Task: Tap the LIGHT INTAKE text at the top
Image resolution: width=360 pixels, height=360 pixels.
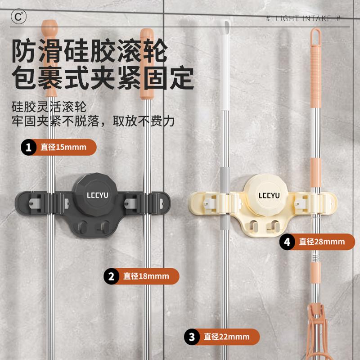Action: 303,18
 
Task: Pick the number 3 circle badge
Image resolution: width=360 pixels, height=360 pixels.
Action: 192,337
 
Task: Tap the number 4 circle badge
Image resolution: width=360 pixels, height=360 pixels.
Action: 287,242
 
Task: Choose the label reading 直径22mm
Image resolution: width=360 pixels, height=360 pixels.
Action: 226,337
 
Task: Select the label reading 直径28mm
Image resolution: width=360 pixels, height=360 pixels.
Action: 321,242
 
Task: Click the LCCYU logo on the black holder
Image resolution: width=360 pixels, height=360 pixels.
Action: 95,195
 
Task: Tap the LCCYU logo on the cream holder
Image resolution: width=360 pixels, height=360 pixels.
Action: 269,195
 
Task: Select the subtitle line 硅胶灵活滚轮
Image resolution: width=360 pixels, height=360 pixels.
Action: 49,108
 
